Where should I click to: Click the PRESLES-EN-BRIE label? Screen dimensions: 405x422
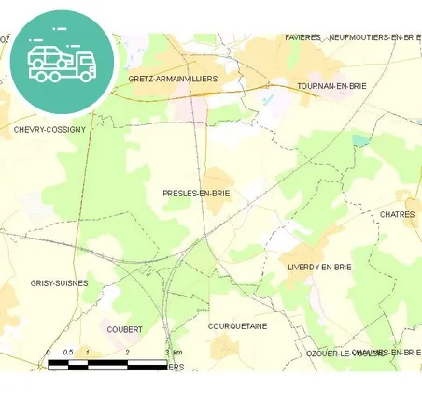point(195,194)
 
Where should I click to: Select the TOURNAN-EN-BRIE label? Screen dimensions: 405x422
point(331,85)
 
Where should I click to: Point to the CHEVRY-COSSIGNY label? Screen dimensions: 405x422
point(49,129)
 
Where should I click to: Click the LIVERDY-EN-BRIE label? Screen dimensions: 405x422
point(318,267)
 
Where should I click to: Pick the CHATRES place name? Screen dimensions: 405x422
point(398,214)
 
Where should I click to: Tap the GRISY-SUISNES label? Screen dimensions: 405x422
point(59,282)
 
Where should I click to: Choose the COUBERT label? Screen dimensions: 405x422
point(125,329)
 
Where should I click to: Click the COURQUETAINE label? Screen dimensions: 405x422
point(237,325)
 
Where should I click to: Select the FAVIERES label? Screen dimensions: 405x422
point(303,37)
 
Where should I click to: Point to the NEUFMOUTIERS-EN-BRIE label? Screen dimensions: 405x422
point(375,37)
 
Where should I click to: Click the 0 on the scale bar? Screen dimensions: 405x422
point(48,352)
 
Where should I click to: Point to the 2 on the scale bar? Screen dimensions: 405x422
point(127,352)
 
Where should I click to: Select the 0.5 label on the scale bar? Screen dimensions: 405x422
point(67,352)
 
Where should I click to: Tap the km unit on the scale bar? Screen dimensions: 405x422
point(177,352)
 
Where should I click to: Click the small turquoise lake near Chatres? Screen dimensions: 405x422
point(360,140)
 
